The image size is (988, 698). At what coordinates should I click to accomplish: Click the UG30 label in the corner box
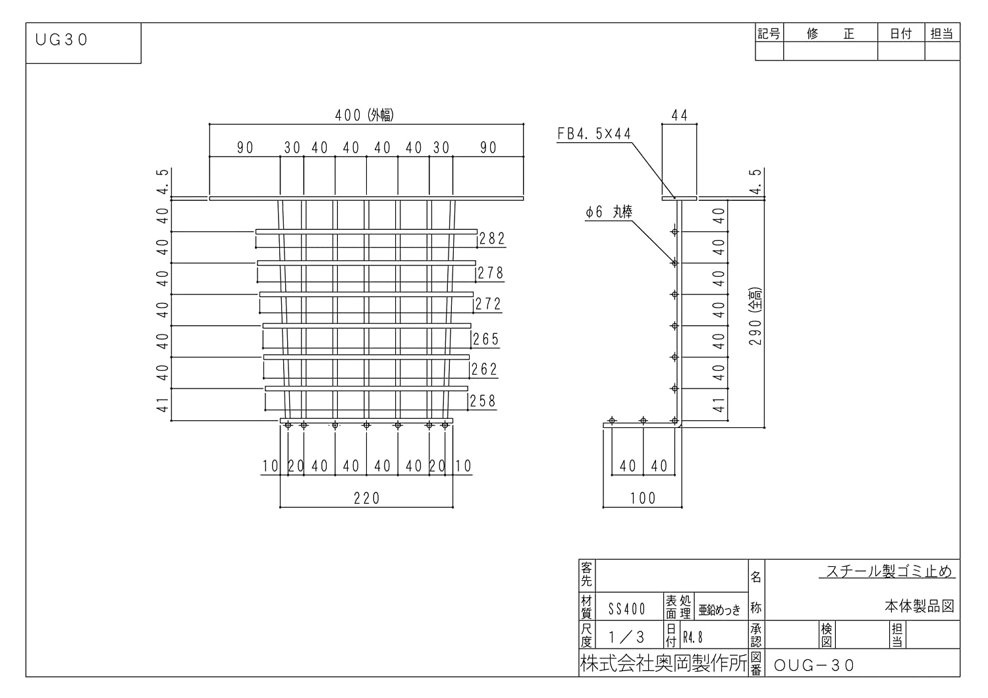61,40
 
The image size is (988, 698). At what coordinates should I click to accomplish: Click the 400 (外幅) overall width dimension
364,115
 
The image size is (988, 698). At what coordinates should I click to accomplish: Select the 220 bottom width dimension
366,498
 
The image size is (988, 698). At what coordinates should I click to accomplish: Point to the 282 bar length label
492,238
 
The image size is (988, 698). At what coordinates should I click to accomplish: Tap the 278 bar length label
491,273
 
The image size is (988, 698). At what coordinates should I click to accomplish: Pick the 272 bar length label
488,304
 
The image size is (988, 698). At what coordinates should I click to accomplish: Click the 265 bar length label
486,339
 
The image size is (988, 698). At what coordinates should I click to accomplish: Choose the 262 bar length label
484,369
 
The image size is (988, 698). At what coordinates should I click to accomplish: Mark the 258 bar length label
483,401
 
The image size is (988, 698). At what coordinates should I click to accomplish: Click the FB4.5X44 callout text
594,134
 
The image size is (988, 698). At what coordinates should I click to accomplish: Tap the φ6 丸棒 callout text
609,213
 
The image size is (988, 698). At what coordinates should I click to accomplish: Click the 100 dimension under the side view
642,498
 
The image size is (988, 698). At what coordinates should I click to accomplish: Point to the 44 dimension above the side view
679,116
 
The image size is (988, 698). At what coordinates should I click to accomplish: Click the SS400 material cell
626,609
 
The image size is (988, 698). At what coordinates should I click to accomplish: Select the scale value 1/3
626,637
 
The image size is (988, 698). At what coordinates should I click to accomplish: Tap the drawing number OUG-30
814,665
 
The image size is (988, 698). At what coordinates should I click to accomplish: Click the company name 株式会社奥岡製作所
663,663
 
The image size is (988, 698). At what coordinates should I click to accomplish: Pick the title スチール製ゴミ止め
889,572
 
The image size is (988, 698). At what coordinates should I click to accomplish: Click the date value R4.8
692,637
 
